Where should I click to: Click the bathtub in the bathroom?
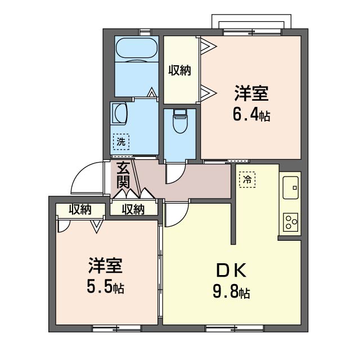pyautogui.click(x=137, y=48)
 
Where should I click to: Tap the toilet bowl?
pyautogui.click(x=180, y=121)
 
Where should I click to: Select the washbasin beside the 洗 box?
pyautogui.click(x=119, y=114)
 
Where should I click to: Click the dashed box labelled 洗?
pyautogui.click(x=121, y=142)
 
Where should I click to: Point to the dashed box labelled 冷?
pyautogui.click(x=247, y=180)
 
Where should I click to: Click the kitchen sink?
pyautogui.click(x=291, y=187)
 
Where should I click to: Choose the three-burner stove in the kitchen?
pyautogui.click(x=291, y=222)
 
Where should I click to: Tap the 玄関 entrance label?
pyautogui.click(x=123, y=175)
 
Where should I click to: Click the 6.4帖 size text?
pyautogui.click(x=251, y=115)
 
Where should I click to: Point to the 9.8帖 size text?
pyautogui.click(x=231, y=291)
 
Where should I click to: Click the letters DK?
pyautogui.click(x=231, y=271)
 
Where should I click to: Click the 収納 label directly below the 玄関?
pyautogui.click(x=133, y=209)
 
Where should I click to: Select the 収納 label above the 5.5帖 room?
pyautogui.click(x=80, y=209)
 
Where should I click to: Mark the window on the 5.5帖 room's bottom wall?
pyautogui.click(x=116, y=328)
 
